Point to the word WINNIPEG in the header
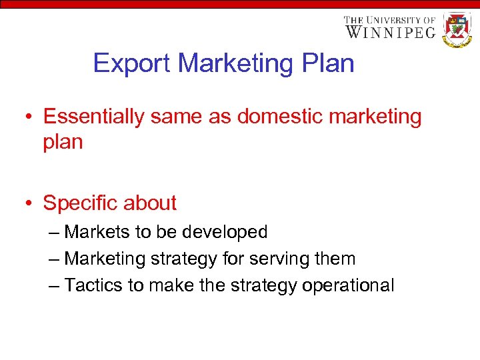click(x=391, y=32)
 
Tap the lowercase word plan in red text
click(x=63, y=142)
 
